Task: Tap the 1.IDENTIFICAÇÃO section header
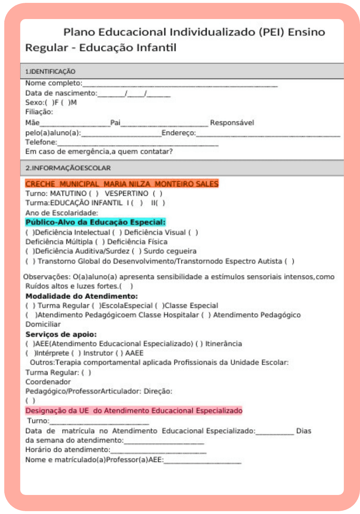coord(50,71)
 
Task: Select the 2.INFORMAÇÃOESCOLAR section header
coord(68,168)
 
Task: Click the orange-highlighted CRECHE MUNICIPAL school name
coord(122,184)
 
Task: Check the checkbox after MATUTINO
coord(94,194)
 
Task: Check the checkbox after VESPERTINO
coord(157,194)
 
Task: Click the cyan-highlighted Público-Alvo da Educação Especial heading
coord(96,222)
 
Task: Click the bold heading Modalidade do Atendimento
coord(82,296)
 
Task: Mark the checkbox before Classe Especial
coord(159,306)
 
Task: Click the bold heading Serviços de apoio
coord(61,334)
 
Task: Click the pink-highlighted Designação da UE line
coord(134,411)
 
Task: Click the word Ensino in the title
coord(306,32)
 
